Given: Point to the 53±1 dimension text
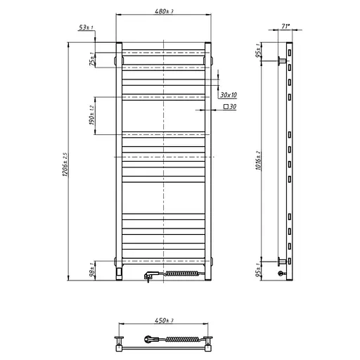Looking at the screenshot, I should (x=87, y=27).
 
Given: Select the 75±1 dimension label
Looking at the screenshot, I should (x=92, y=58).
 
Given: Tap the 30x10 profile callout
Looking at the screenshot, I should (x=229, y=94).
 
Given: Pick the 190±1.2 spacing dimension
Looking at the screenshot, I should (x=92, y=116).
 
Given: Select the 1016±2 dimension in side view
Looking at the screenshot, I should (x=259, y=165).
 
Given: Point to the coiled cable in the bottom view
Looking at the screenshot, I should (x=180, y=342).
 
